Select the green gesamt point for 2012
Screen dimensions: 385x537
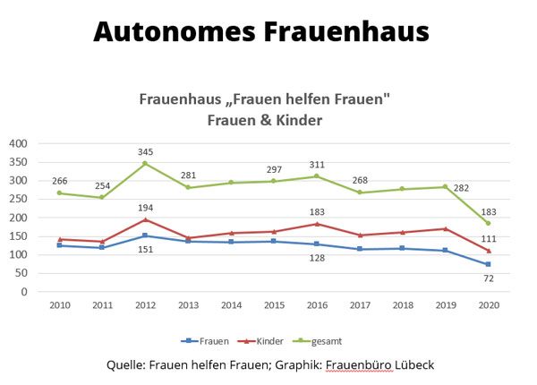point(145,164)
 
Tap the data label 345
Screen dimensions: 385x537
point(145,151)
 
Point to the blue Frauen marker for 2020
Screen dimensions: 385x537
point(488,264)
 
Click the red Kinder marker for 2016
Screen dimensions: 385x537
point(316,224)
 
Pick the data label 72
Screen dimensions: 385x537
point(488,278)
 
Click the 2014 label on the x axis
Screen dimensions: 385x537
point(231,305)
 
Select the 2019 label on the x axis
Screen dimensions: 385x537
point(445,305)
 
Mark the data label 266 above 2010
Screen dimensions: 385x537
point(60,181)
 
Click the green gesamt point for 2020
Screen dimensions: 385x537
point(488,223)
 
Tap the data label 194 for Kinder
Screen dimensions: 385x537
point(145,208)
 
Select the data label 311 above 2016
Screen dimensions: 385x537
point(316,164)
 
